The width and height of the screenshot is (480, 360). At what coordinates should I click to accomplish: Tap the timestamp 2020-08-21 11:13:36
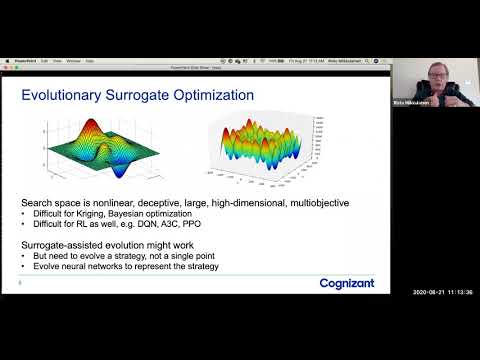440,292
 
